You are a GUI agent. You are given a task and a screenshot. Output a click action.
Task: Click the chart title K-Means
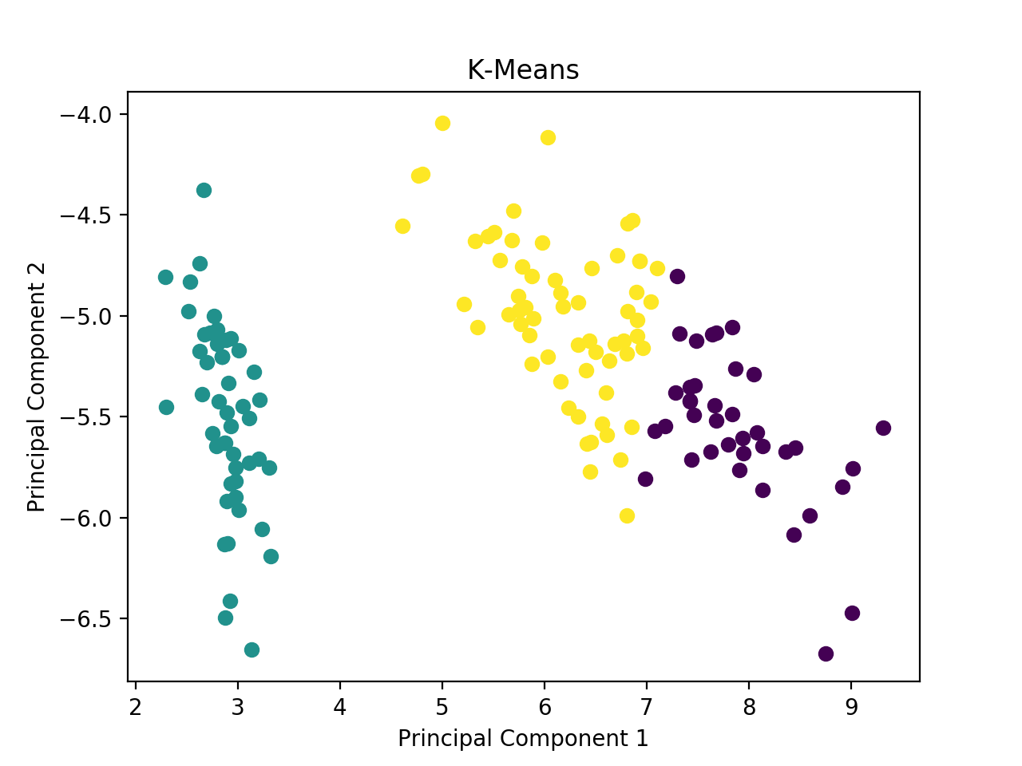[x=523, y=70]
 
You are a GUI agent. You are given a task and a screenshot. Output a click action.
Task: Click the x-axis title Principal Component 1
[x=523, y=738]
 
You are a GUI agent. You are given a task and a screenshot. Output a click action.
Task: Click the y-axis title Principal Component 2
[x=37, y=387]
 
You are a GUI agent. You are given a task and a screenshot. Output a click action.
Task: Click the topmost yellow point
[x=442, y=123]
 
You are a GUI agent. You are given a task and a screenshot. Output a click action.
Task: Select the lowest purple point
[x=826, y=653]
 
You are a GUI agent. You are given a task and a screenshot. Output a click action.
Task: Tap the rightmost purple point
[x=883, y=428]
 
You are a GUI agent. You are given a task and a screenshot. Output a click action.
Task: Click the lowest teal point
[x=252, y=650]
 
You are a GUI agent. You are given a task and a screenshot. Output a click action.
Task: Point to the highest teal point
[x=204, y=190]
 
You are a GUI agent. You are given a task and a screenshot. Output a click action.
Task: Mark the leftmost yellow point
[x=402, y=226]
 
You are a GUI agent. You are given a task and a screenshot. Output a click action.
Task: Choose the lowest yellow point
[x=627, y=515]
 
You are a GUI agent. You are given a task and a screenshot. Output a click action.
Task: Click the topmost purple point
[x=677, y=276]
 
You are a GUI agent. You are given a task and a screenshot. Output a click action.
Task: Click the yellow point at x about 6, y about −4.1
[x=548, y=137]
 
